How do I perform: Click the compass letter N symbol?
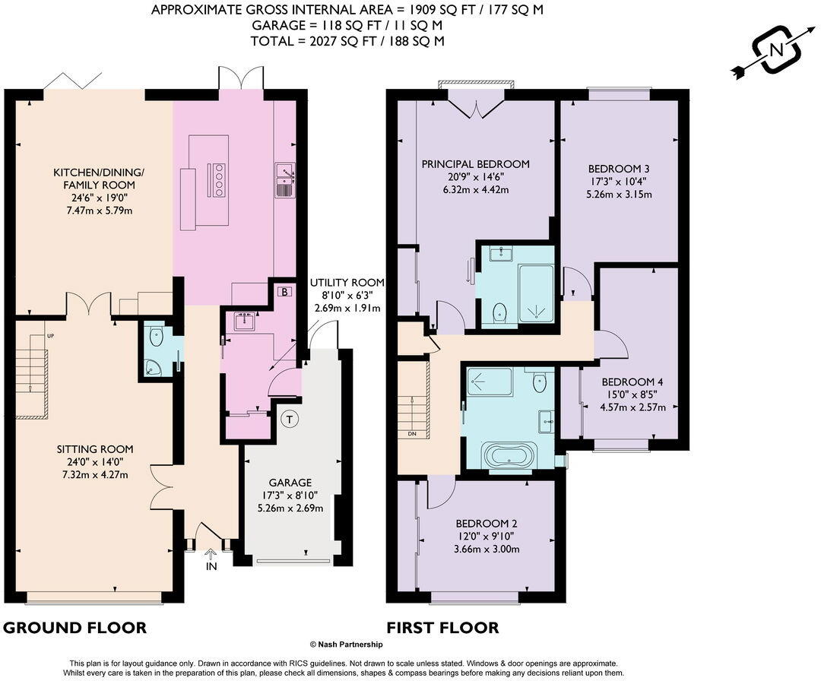pyautogui.click(x=778, y=51)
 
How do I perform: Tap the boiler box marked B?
pyautogui.click(x=284, y=292)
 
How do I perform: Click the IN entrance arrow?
pyautogui.click(x=211, y=554)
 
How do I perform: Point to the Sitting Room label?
pyautogui.click(x=95, y=449)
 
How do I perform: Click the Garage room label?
pyautogui.click(x=290, y=483)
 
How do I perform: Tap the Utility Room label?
pyautogui.click(x=347, y=283)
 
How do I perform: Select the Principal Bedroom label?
pyautogui.click(x=475, y=164)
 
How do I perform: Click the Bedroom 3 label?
pyautogui.click(x=619, y=169)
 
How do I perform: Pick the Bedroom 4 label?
pyautogui.click(x=632, y=382)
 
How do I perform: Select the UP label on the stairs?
pyautogui.click(x=50, y=336)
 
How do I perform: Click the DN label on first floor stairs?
pyautogui.click(x=411, y=434)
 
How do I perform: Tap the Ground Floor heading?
pyautogui.click(x=74, y=628)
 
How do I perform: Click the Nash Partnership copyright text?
pyautogui.click(x=346, y=645)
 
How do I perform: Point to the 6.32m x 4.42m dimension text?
pyautogui.click(x=475, y=189)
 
